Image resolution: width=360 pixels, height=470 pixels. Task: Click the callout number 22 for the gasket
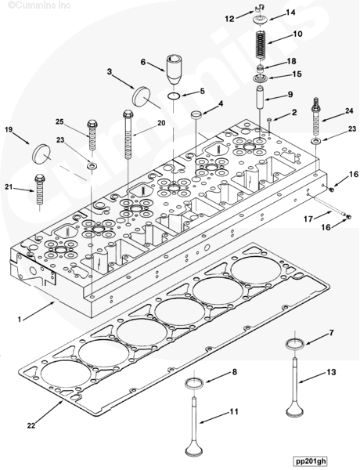coord(31,425)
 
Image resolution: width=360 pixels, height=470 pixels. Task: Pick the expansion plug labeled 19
coord(41,154)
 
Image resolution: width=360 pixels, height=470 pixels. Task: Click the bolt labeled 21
coord(40,189)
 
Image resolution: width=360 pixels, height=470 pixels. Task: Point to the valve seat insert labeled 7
coord(295,344)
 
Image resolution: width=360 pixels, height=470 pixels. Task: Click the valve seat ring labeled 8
coord(194,384)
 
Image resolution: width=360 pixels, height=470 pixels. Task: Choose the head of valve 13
coord(295,410)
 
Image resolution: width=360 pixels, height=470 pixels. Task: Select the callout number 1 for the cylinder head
coord(20,320)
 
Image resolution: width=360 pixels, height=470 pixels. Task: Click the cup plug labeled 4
coord(196,115)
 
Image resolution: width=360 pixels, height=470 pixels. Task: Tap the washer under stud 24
coord(315,141)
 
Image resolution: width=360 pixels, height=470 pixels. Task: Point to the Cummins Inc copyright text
coord(40,5)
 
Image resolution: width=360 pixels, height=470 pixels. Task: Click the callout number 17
coord(308,219)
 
